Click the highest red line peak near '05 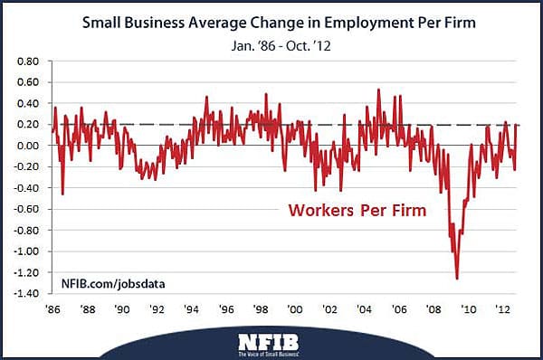coord(377,90)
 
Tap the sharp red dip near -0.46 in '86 coord(62,194)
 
